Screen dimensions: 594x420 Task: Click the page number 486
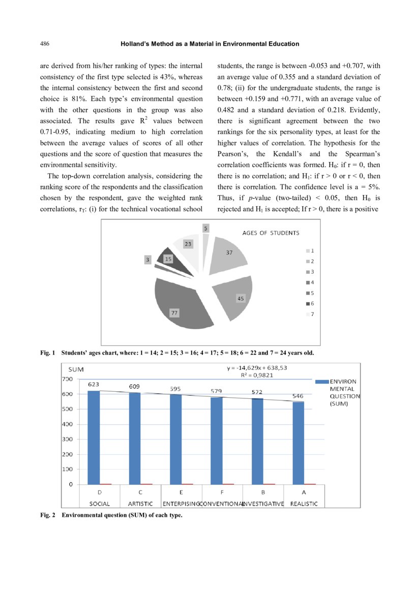(44, 44)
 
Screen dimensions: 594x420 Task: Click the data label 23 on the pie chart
(188, 244)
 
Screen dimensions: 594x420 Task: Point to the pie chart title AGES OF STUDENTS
(271, 233)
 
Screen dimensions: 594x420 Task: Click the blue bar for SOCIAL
(94, 437)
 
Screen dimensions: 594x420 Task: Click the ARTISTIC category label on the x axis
(140, 504)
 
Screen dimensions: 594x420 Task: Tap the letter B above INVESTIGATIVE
(263, 492)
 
